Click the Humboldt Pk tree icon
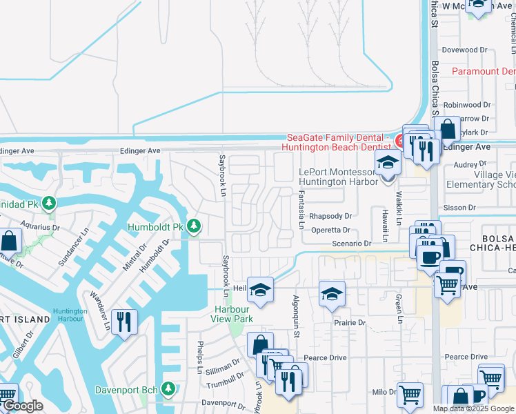tap(195, 226)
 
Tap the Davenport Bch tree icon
tap(167, 390)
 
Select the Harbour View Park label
tap(232, 314)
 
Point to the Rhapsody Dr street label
tap(330, 216)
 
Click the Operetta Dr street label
tap(330, 230)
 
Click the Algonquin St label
tap(296, 318)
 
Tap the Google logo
tap(22, 406)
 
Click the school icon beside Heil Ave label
tap(261, 290)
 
